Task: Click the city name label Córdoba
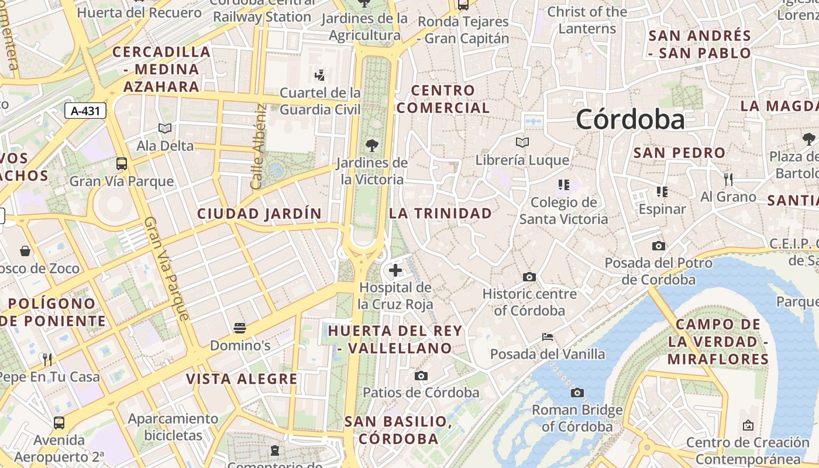[630, 120]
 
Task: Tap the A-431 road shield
[85, 111]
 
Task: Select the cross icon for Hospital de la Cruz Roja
[395, 270]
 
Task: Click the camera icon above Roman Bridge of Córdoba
[577, 393]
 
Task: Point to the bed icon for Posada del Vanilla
[548, 336]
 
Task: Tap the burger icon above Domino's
[240, 328]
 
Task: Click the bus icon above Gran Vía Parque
[122, 164]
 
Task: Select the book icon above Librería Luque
[522, 142]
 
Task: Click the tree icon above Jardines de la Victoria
[371, 146]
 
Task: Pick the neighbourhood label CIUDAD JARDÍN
[260, 214]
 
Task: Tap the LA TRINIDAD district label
[441, 214]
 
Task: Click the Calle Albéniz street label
[258, 147]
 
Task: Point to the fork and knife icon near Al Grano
[728, 179]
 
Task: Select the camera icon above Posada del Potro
[659, 246]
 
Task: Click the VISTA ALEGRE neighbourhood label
[242, 379]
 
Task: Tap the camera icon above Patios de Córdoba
[421, 376]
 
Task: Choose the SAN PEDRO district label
[679, 153]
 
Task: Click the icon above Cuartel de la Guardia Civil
[320, 75]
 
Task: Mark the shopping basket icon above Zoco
[26, 251]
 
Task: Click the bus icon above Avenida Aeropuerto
[59, 422]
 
